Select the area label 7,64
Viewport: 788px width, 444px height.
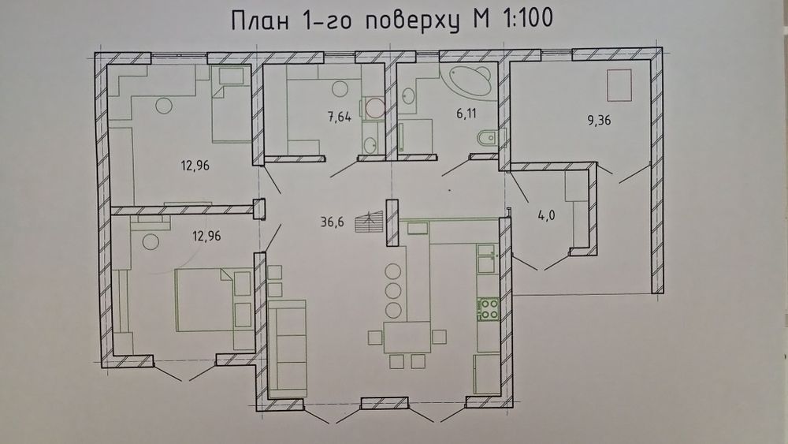point(340,118)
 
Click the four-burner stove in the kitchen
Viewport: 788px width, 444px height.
point(489,308)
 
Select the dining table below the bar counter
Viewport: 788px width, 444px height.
point(407,337)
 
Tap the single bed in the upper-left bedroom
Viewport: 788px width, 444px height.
point(230,110)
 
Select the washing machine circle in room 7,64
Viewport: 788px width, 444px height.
point(375,107)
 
